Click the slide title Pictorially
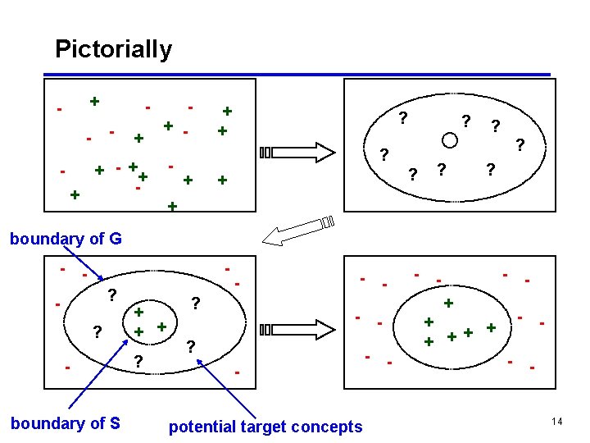[113, 49]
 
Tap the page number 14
[556, 421]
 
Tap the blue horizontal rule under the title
[303, 75]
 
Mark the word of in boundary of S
[93, 423]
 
